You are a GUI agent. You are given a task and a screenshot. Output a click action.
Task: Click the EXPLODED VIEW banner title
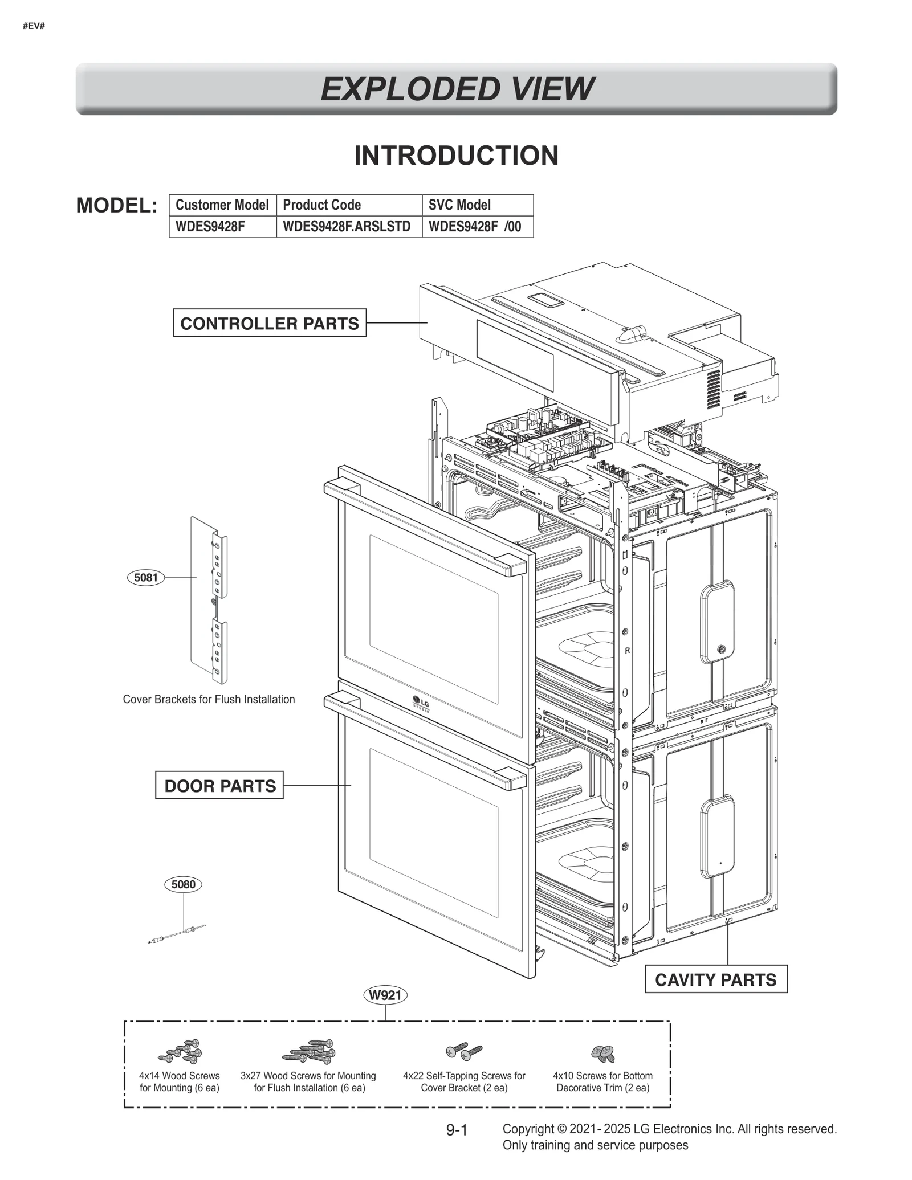[456, 89]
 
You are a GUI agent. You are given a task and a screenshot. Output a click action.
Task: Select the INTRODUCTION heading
[456, 156]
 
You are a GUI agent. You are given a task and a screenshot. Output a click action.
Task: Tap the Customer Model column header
[222, 205]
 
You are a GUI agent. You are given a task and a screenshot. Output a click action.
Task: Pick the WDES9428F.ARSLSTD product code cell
[347, 226]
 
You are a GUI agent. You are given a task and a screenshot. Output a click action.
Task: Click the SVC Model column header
[459, 205]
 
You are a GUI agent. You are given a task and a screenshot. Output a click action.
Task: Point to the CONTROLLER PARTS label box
[269, 323]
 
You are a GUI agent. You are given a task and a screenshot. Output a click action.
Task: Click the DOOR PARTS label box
[219, 786]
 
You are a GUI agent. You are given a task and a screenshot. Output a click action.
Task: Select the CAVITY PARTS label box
[715, 979]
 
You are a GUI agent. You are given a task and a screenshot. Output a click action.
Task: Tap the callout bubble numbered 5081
[145, 577]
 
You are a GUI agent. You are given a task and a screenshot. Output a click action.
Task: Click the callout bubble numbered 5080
[183, 884]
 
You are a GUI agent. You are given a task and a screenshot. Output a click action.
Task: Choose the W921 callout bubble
[385, 995]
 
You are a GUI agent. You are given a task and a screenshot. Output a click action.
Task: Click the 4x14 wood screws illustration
[181, 1051]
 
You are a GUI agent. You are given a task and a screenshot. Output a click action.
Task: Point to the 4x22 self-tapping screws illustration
[464, 1052]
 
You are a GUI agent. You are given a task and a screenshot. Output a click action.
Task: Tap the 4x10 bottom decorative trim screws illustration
[603, 1054]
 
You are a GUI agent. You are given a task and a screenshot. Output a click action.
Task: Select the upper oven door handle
[425, 527]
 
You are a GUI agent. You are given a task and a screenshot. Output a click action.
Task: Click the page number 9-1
[457, 1130]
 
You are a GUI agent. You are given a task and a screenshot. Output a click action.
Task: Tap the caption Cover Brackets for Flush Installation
[209, 699]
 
